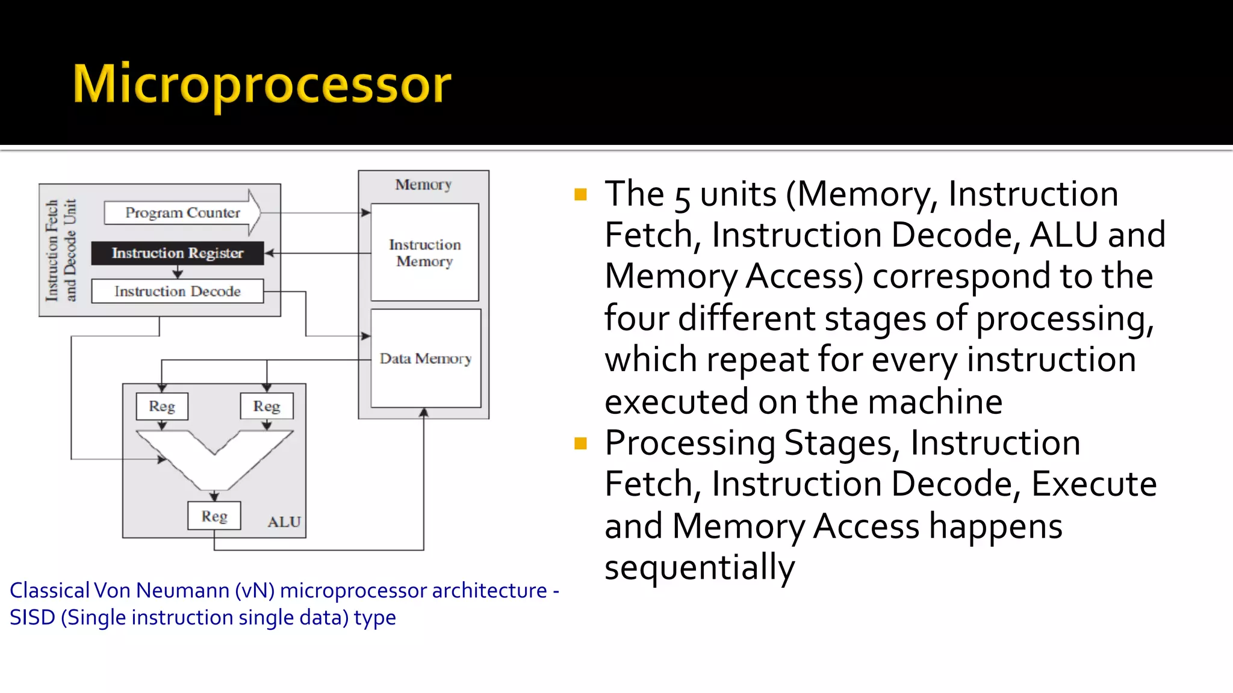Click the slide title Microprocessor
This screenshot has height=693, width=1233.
[x=261, y=84]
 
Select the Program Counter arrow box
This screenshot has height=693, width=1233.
[x=182, y=213]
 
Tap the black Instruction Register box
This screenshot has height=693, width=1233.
[x=177, y=253]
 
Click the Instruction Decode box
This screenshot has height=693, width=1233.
[x=177, y=291]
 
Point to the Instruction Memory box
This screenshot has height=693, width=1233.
[x=424, y=253]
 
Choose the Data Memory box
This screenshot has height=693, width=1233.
[x=426, y=359]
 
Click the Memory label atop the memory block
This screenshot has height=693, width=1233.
[x=423, y=185]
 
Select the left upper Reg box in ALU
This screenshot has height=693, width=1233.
[x=162, y=407]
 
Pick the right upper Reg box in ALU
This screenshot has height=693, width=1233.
[x=267, y=407]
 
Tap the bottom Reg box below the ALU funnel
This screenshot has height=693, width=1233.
[x=214, y=516]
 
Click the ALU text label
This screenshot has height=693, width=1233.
[x=284, y=522]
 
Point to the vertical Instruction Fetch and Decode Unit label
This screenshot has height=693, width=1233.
[x=61, y=250]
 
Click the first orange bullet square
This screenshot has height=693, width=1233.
[x=580, y=194]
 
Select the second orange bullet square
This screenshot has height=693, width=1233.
[x=580, y=444]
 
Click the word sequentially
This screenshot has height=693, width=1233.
[x=699, y=567]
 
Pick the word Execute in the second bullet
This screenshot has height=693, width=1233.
[x=1093, y=484]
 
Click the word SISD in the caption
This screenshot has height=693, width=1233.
[x=32, y=618]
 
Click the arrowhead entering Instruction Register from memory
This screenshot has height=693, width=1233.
[x=269, y=253]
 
